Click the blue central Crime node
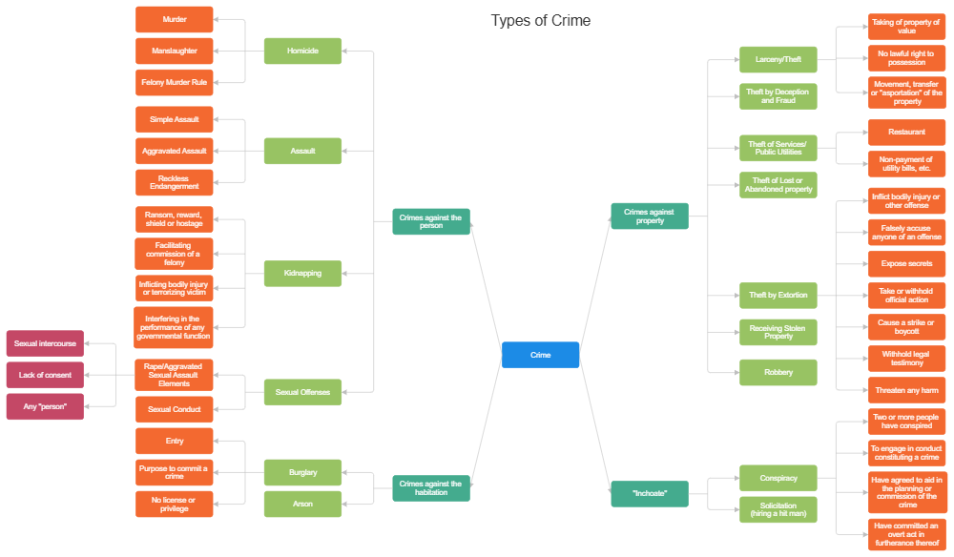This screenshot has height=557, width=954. [x=540, y=355]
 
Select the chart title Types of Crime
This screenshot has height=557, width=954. [x=540, y=20]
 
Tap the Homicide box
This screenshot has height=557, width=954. [x=302, y=51]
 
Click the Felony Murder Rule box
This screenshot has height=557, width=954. [x=175, y=83]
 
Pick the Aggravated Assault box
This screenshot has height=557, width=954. [x=175, y=151]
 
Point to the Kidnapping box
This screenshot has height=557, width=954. [x=302, y=273]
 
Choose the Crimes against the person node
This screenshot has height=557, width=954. [x=431, y=221]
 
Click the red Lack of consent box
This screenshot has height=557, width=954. [x=45, y=375]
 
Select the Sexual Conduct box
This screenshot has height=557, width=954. [x=175, y=409]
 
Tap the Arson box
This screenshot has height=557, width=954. [x=302, y=504]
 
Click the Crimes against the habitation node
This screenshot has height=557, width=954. [x=431, y=488]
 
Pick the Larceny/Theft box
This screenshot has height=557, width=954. [x=778, y=59]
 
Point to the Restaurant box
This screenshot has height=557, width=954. [x=906, y=132]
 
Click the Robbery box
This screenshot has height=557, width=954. [x=778, y=372]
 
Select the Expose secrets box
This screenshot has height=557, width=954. [x=906, y=263]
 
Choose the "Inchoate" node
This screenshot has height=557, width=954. [x=649, y=493]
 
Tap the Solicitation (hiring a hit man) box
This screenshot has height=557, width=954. [x=778, y=509]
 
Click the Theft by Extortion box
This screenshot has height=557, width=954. [x=778, y=296]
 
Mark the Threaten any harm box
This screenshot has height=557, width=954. [x=906, y=390]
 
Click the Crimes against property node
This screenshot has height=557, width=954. [x=649, y=216]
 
